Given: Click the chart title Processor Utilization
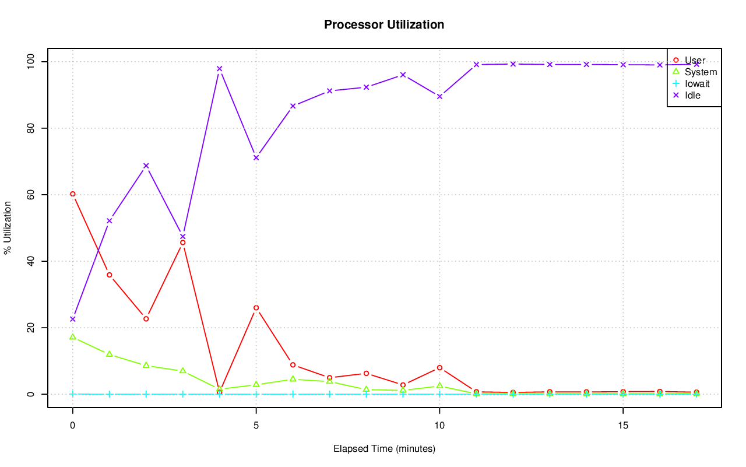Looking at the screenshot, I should [x=384, y=24].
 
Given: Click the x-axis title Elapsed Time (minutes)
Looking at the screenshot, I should [x=384, y=449].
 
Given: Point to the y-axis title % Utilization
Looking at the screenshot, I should [x=8, y=227].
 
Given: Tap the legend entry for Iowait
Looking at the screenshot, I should [x=697, y=83].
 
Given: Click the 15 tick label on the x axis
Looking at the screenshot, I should [x=623, y=426].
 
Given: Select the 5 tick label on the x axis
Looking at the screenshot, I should [x=256, y=426].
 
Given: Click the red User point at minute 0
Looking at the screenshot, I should [x=73, y=194].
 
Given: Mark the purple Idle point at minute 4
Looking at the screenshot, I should [x=219, y=69].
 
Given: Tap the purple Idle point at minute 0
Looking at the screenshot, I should [x=73, y=319].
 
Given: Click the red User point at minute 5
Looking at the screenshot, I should [x=256, y=308].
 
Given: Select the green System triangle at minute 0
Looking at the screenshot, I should [x=73, y=337].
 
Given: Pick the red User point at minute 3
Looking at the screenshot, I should [x=183, y=243].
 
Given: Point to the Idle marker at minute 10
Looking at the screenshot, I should [x=439, y=96].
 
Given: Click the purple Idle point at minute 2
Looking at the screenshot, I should [x=146, y=166].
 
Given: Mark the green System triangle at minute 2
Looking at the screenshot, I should [x=146, y=365].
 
